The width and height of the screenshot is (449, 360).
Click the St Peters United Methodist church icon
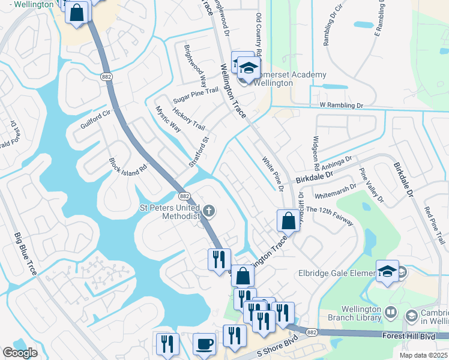pyautogui.click(x=208, y=211)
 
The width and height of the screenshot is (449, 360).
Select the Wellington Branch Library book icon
pyautogui.click(x=391, y=312)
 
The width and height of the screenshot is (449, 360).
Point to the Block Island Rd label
pyautogui.click(x=128, y=166)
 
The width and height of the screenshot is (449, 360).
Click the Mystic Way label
pyautogui.click(x=168, y=119)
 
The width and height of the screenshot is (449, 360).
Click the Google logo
pyautogui.click(x=20, y=353)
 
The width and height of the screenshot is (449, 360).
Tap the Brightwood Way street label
pyautogui.click(x=195, y=67)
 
